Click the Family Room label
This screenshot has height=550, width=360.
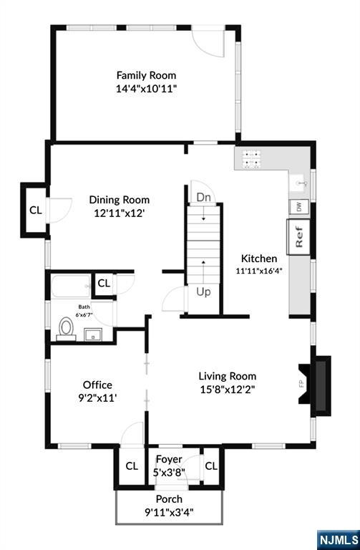coord(146,75)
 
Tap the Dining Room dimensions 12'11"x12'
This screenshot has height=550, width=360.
coord(120,213)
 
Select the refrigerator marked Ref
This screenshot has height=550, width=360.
coord(298,237)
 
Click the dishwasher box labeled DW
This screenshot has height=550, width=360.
coord(298,206)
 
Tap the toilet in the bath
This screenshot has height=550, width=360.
coord(66,329)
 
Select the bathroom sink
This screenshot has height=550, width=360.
coord(93,334)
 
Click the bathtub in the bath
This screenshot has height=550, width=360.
coord(71,286)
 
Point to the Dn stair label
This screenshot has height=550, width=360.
coord(204,197)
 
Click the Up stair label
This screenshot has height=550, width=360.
coord(203,292)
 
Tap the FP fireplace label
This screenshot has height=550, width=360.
coord(301,384)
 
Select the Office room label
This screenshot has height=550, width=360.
coord(97,385)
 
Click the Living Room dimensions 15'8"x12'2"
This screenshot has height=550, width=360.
coord(227,390)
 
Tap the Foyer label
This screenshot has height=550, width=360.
coord(169,459)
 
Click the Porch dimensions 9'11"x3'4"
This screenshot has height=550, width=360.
coord(169,513)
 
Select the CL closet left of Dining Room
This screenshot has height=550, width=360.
coord(35,210)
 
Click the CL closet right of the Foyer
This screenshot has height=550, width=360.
coord(211,465)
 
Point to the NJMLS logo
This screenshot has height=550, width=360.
coord(339,540)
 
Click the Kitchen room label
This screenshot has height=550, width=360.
coord(259,259)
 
